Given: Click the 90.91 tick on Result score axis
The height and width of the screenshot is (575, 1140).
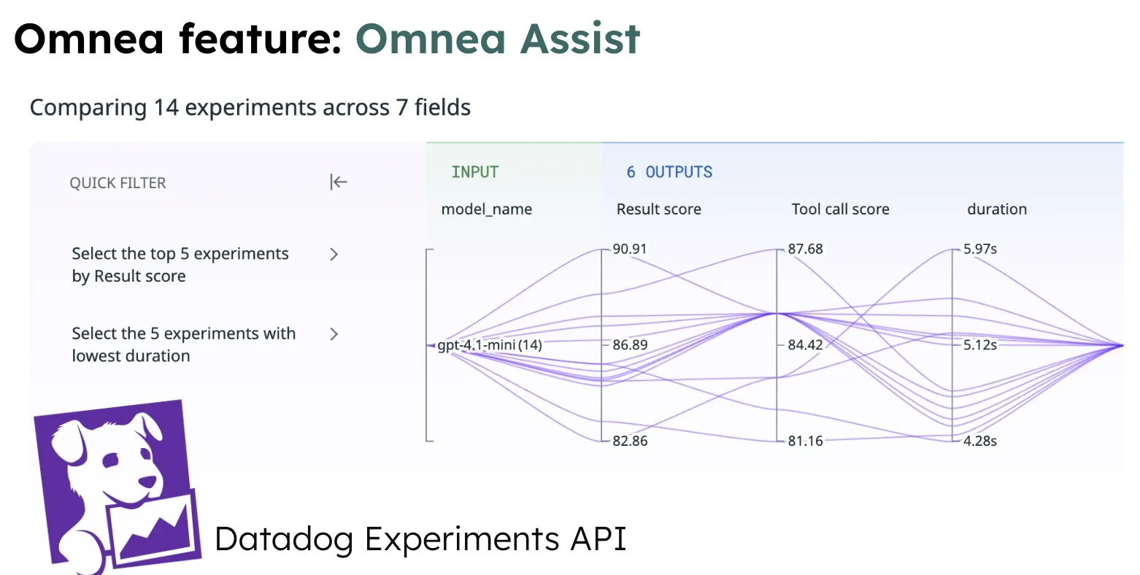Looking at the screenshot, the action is (630, 249).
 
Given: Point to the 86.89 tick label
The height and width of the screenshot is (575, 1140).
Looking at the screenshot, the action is (630, 344).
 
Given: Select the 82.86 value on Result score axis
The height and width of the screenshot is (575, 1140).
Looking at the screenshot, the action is (630, 441).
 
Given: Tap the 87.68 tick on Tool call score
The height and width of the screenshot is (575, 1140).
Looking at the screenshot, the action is (805, 249).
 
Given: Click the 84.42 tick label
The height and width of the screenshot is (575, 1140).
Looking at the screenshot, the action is (805, 344).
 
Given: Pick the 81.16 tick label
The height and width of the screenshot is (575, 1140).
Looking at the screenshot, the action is (805, 441).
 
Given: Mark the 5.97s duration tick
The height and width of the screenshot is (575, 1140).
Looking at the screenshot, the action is (979, 249).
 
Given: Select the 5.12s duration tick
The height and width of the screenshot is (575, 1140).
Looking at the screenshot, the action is (979, 344).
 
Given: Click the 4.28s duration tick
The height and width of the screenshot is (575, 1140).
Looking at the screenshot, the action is (979, 441).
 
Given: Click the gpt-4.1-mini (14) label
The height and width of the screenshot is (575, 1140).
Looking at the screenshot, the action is (490, 345).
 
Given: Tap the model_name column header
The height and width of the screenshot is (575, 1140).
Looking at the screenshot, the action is (487, 209).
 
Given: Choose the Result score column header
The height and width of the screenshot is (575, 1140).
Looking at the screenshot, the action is (658, 209).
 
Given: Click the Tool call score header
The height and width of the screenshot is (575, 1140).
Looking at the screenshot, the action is (840, 209).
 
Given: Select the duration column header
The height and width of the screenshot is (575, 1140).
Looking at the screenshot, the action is (997, 209).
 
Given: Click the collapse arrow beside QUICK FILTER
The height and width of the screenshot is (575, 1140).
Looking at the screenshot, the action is (338, 182).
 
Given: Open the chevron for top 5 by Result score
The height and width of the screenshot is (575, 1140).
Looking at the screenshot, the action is (334, 255).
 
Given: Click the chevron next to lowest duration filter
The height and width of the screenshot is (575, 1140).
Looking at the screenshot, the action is (334, 334).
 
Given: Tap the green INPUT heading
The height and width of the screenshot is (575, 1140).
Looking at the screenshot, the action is (475, 172).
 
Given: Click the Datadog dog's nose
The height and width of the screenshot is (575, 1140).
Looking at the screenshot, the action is (148, 482).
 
